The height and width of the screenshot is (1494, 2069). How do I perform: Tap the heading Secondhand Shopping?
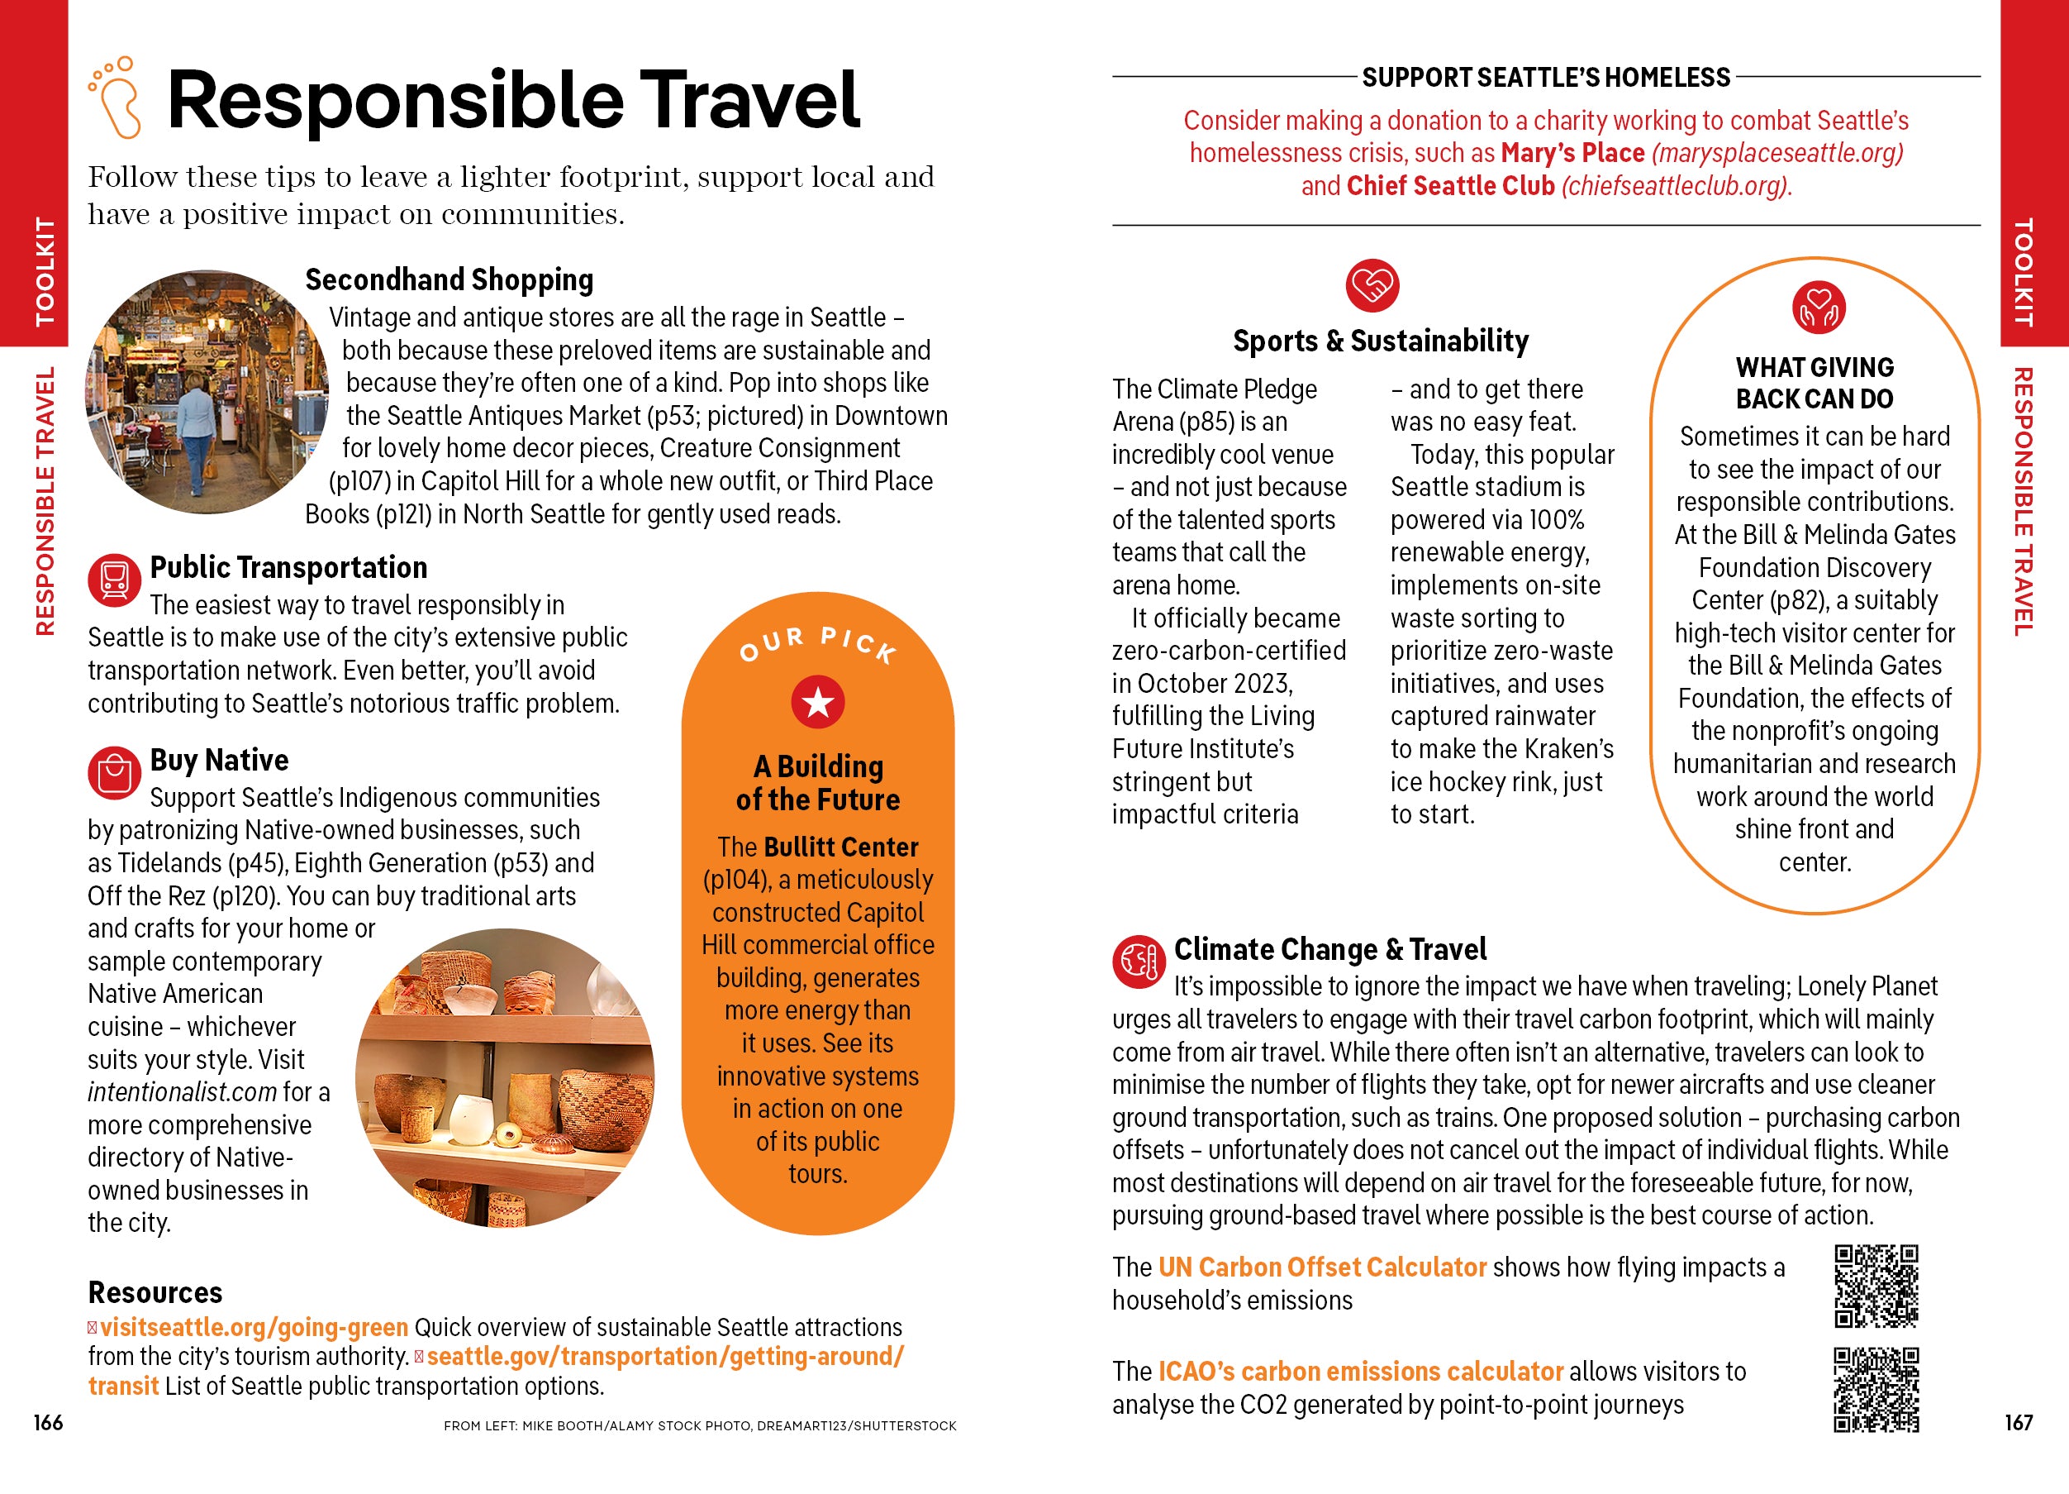point(449,279)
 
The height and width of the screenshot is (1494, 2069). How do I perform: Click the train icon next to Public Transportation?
point(114,580)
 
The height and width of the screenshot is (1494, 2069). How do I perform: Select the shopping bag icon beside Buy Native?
point(114,772)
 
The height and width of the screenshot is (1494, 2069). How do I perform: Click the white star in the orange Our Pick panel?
point(817,703)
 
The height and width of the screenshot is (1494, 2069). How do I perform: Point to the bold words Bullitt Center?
point(840,847)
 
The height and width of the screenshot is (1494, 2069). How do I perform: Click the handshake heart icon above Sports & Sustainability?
point(1372,286)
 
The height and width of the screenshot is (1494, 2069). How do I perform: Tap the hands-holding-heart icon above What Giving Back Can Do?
point(1818,308)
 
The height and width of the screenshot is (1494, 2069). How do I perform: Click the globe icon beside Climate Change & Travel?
point(1138,961)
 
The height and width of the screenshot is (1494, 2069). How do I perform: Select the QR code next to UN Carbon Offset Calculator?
point(1876,1286)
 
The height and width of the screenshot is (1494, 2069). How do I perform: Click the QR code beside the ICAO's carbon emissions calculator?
point(1876,1389)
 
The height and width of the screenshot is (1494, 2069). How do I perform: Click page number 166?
point(49,1422)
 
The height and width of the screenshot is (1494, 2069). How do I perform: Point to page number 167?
point(2018,1422)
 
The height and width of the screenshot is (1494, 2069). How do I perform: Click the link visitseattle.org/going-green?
point(254,1327)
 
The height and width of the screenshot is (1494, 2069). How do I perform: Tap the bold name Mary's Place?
point(1572,152)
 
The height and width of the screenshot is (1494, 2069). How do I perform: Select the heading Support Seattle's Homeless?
point(1545,78)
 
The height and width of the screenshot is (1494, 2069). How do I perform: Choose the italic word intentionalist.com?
point(182,1091)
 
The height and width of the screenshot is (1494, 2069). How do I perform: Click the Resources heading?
point(155,1292)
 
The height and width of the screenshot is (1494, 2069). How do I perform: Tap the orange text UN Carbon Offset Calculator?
point(1322,1267)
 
